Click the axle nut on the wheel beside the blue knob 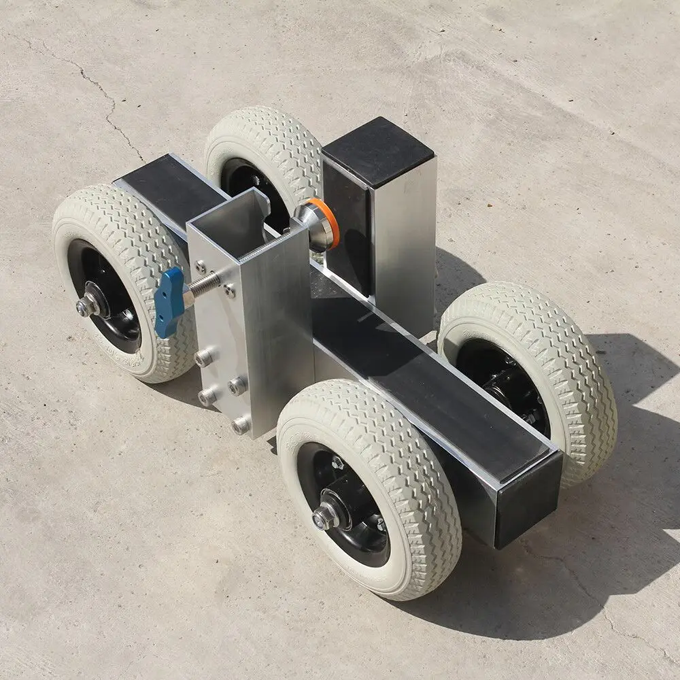click(86, 307)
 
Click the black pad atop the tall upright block click(377, 152)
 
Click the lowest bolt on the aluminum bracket click(240, 426)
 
